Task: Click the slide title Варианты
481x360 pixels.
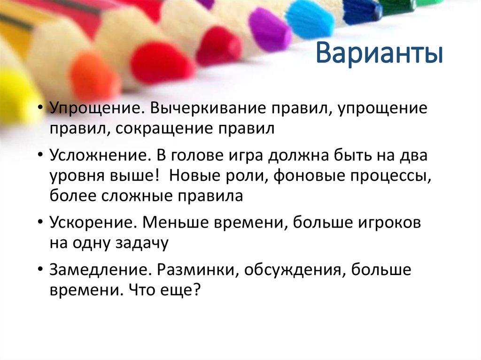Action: (379, 54)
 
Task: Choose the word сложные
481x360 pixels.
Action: (135, 195)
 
